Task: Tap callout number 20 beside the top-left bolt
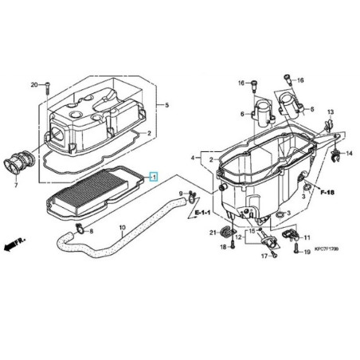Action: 34,84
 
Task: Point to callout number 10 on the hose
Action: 122,228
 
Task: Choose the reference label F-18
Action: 329,193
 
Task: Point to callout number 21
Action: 213,232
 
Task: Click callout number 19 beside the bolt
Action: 307,252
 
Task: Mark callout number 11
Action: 307,237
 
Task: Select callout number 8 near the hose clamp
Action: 91,232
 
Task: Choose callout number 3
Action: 288,213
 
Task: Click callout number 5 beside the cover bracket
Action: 166,106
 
